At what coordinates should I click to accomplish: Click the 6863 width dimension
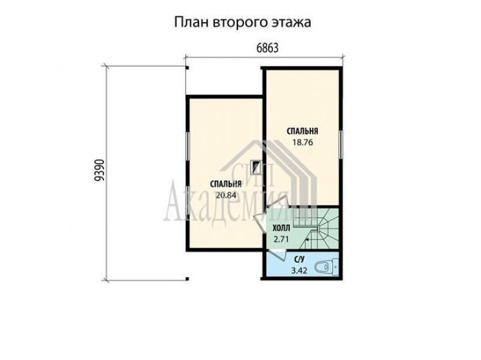point(267,48)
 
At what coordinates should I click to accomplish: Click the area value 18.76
point(302,142)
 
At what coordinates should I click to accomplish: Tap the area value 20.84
point(226,195)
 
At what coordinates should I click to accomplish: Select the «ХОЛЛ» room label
point(281,228)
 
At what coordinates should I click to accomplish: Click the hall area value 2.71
point(281,239)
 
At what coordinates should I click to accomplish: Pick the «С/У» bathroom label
point(299,260)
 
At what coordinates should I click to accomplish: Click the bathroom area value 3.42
point(299,271)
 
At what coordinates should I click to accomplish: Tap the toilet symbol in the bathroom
point(326,267)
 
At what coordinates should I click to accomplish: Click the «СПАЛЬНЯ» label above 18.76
point(302,131)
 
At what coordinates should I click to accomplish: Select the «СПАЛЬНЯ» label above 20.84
point(226,184)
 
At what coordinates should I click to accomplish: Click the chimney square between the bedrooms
point(255,167)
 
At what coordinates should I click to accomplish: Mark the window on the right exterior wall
point(341,144)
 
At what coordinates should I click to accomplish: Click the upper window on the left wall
point(187,146)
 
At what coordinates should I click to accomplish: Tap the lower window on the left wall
point(187,200)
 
